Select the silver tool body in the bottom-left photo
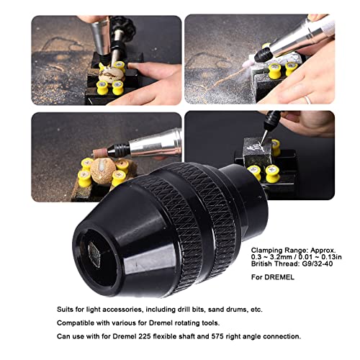coord(155,141)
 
